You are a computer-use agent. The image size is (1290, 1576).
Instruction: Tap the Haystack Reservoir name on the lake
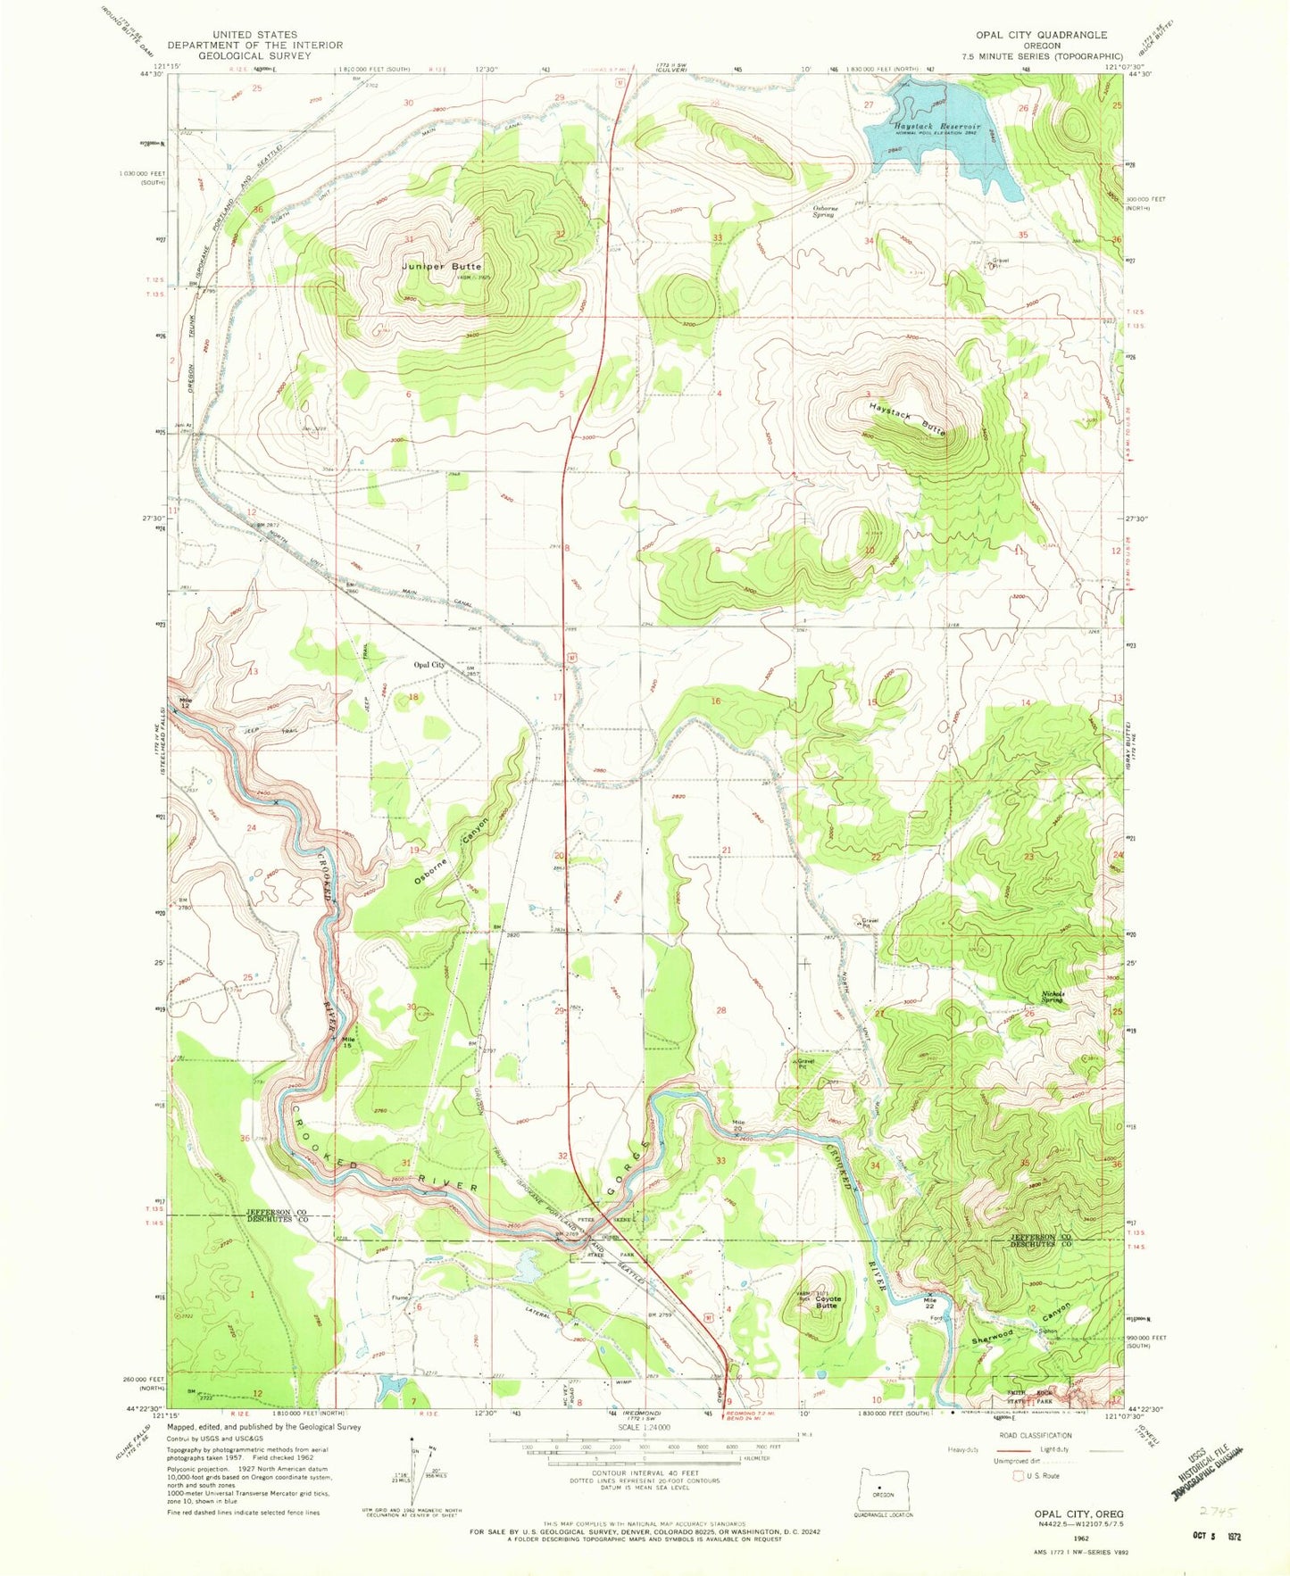pyautogui.click(x=935, y=128)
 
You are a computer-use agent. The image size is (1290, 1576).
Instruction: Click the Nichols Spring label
pyautogui.click(x=1053, y=999)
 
